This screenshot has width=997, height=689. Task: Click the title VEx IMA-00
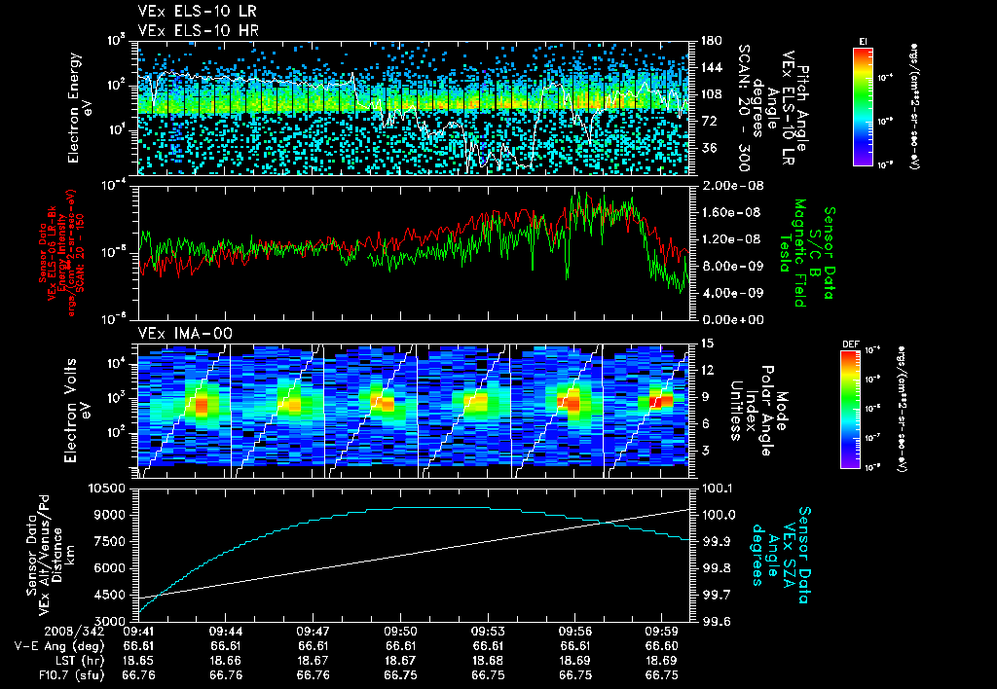175,334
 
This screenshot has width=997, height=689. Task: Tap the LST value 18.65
139,660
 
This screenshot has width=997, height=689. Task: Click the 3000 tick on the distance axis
115,620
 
